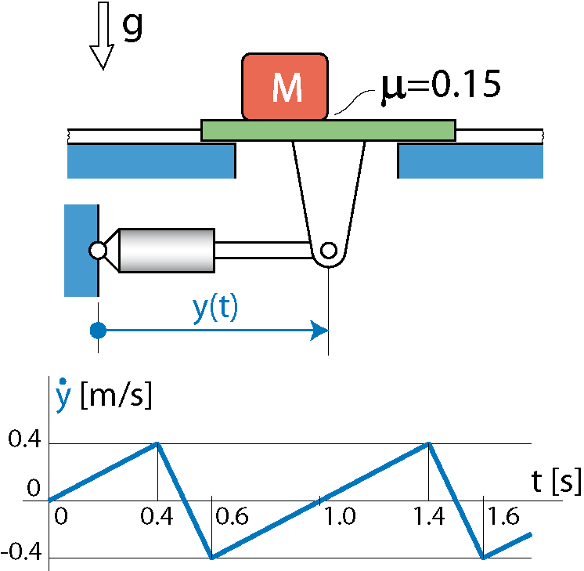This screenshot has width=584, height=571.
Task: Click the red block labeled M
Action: [285, 87]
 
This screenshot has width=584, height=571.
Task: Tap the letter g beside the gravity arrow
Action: [132, 26]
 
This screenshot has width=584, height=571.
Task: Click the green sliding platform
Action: [329, 131]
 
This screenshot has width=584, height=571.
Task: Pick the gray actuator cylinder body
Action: [167, 251]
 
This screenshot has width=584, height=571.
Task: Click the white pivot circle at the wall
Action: [98, 251]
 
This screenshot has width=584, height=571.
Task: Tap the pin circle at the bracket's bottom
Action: [329, 251]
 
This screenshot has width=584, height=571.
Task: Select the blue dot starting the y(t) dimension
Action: [99, 331]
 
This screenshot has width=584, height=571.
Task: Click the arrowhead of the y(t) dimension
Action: [319, 331]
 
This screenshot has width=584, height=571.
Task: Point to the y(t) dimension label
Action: [215, 309]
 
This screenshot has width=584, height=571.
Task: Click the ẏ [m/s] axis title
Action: [104, 395]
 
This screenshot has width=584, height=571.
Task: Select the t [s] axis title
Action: [556, 482]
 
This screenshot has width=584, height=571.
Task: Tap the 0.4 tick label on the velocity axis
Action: [24, 439]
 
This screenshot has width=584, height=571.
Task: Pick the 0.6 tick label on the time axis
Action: [232, 517]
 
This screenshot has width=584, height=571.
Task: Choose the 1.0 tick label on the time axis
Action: [340, 517]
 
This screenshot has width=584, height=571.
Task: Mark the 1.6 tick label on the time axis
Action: [503, 517]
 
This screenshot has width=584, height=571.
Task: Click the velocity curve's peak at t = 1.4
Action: [429, 443]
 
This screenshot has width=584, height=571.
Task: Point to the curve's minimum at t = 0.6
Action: [212, 558]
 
